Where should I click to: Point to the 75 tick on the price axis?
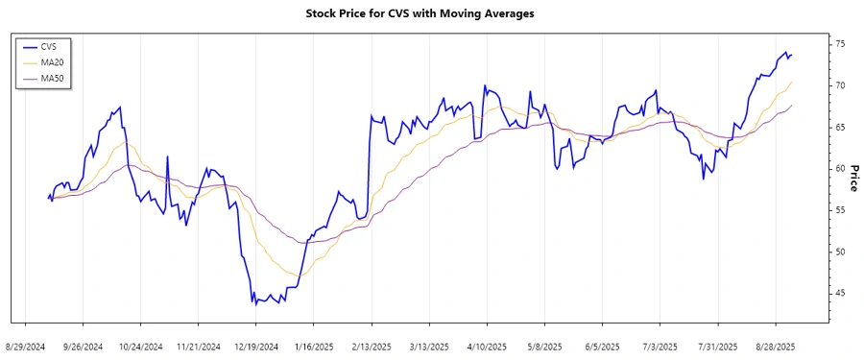click(840, 44)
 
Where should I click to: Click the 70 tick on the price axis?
click(840, 85)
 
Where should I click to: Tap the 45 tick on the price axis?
click(840, 293)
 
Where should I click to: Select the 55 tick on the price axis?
click(840, 210)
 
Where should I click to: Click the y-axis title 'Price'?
click(853, 177)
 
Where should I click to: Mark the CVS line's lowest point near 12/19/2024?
click(254, 303)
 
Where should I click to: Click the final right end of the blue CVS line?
click(792, 55)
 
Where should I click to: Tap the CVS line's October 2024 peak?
click(120, 107)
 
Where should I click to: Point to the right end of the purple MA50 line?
click(792, 106)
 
